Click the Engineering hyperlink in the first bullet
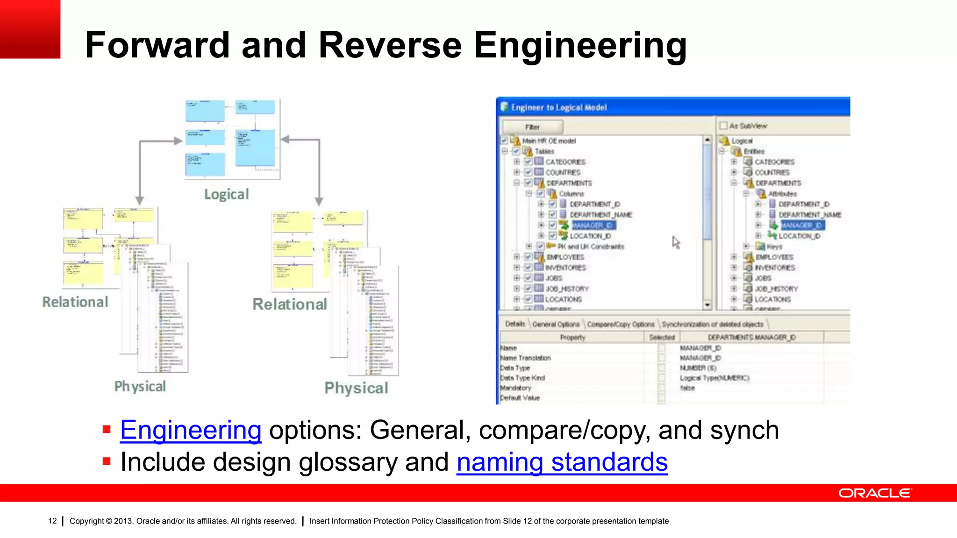[x=191, y=430]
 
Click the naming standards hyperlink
[x=562, y=462]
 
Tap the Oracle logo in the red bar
[x=874, y=493]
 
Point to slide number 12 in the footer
[x=52, y=521]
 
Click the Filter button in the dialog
[x=532, y=127]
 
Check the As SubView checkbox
[x=724, y=126]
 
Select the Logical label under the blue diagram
[x=227, y=194]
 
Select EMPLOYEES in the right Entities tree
[x=774, y=257]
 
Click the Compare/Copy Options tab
[x=621, y=324]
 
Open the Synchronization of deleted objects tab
[x=712, y=324]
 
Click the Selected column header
[x=662, y=337]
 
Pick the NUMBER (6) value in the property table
[x=698, y=368]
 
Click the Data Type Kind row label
[x=522, y=378]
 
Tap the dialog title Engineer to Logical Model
[x=559, y=107]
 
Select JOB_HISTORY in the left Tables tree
[x=567, y=289]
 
